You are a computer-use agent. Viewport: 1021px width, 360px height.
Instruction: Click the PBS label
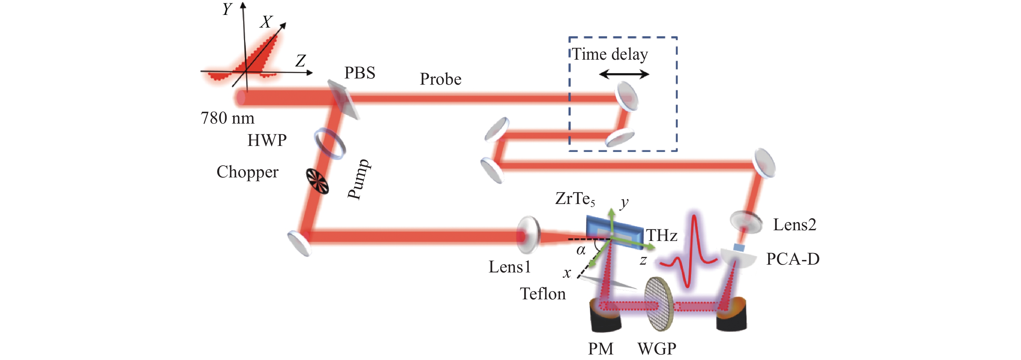(x=359, y=73)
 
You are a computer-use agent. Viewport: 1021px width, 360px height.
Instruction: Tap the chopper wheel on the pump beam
(x=317, y=182)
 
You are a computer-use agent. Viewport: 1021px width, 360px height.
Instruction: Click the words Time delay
(x=610, y=54)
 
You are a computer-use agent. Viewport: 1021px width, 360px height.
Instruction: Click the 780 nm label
(x=228, y=118)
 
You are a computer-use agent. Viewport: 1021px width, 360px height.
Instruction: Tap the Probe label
(x=441, y=79)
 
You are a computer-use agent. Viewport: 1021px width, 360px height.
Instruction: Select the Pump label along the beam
(x=359, y=179)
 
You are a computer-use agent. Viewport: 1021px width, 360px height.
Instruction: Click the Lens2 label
(x=795, y=225)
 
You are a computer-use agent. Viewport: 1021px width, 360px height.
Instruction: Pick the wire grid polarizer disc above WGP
(x=659, y=304)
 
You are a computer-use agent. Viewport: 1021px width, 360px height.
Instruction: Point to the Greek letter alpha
(x=581, y=250)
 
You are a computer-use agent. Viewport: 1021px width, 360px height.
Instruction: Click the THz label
(x=662, y=235)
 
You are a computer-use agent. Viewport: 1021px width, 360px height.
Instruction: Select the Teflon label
(x=543, y=294)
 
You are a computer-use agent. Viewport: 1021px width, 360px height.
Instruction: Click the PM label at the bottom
(x=601, y=349)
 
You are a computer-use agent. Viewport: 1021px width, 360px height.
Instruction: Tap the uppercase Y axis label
(x=227, y=9)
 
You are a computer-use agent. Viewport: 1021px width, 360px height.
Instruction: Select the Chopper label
(x=247, y=173)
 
